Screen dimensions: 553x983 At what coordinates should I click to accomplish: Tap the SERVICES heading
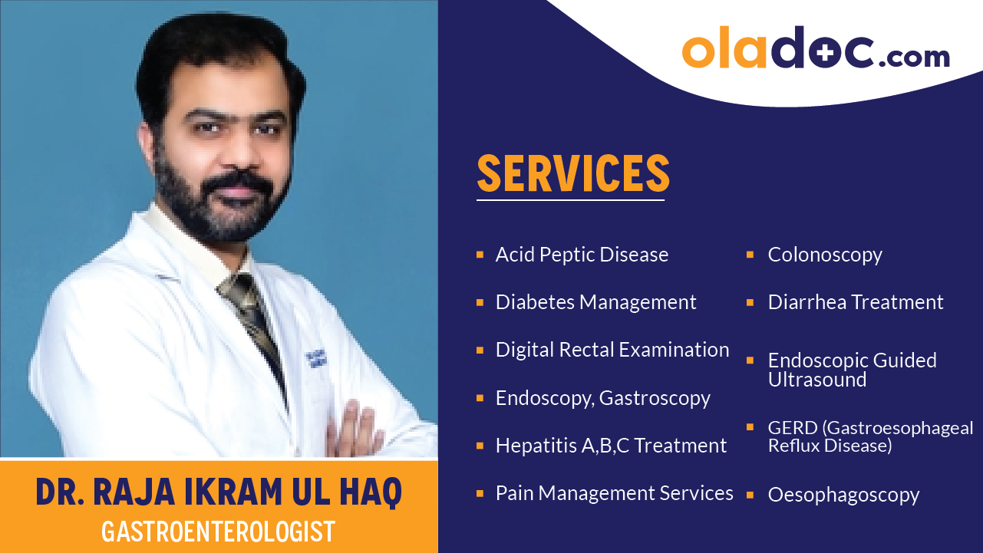coord(573,174)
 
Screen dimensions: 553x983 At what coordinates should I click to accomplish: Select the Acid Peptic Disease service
coord(582,255)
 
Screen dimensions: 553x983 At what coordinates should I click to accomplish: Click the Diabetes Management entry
coord(595,302)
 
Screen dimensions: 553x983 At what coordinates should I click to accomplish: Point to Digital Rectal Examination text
coord(612,350)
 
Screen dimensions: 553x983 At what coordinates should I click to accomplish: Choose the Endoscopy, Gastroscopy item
coord(602,398)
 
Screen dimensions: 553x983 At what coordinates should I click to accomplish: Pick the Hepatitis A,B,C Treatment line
coord(611,446)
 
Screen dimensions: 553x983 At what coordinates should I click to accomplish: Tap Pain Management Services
coord(614,493)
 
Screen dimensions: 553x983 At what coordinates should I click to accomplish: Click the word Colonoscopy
coord(825,255)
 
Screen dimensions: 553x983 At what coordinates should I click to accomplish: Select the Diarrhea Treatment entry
coord(856,302)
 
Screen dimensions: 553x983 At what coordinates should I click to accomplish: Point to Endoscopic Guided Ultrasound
coord(852,370)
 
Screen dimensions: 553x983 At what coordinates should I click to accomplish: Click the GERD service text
coord(870,436)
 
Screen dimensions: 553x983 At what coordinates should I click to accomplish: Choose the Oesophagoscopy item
coord(843,495)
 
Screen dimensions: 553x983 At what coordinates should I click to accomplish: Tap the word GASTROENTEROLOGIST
coord(218,532)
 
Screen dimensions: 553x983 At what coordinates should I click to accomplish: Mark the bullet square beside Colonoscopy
coord(750,254)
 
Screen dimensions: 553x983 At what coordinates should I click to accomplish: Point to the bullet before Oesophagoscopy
coord(750,494)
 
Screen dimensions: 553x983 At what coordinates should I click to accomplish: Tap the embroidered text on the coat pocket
coord(313,361)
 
